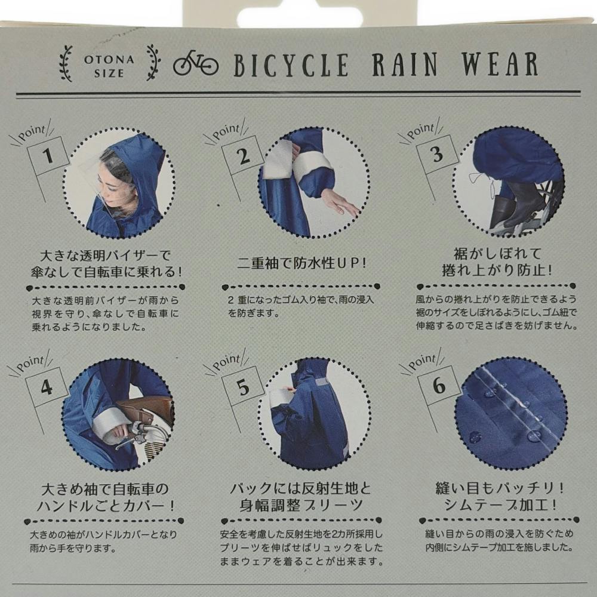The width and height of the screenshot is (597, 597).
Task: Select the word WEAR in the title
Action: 500,64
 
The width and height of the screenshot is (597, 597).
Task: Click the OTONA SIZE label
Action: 109,66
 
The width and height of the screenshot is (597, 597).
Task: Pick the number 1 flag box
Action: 48,155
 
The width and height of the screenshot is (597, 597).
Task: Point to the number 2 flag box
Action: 243,155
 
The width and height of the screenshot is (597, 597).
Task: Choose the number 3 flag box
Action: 438,154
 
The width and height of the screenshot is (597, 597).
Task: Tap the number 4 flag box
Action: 47,387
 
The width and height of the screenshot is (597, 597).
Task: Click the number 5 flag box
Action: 242,386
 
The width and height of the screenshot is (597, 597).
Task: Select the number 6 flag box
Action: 439,385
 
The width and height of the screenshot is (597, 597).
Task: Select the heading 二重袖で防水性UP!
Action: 301,263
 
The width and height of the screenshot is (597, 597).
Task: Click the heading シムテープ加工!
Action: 500,505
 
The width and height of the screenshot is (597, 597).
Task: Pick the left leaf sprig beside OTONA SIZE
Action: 66,64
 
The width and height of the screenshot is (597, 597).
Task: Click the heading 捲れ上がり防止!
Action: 497,270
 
